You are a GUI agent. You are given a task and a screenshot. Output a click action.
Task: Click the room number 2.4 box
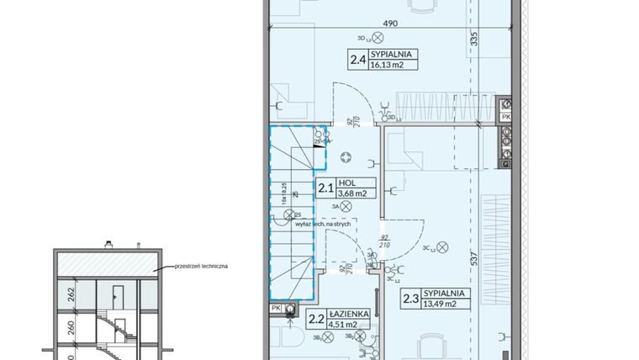coord(356,59)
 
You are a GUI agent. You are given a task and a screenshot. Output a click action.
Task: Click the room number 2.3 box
coord(410,298)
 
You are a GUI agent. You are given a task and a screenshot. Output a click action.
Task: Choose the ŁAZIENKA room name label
coord(349,313)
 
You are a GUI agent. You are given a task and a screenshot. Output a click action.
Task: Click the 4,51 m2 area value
coord(348,323)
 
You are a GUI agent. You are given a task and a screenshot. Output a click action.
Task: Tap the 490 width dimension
coord(389,24)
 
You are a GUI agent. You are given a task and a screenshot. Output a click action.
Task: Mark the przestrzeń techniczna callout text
coord(202,266)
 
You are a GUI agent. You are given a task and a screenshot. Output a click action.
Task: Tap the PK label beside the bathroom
coord(276,309)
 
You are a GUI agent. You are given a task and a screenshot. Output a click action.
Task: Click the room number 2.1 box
coord(325,188)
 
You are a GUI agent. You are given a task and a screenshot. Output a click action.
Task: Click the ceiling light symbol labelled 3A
coord(346,205)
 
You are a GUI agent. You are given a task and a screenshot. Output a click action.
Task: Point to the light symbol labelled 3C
coord(445,247)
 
